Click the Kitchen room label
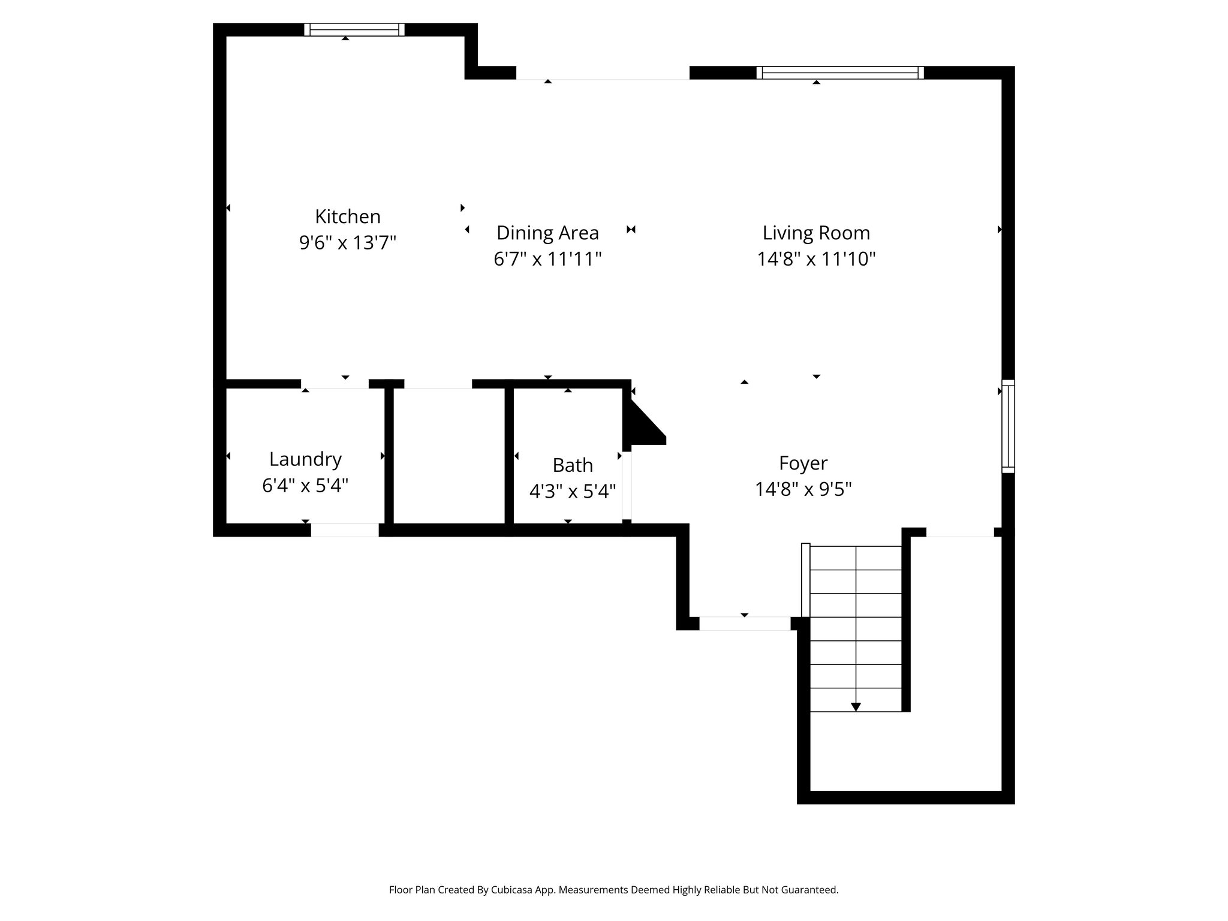[348, 216]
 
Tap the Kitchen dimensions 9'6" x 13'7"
[348, 243]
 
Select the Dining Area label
[547, 233]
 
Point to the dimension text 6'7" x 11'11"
[547, 259]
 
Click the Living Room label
[816, 233]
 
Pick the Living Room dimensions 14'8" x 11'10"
[816, 259]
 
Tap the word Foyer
[803, 463]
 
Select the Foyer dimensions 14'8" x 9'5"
[803, 489]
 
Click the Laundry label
[305, 459]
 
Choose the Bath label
[573, 465]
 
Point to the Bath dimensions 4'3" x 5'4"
[573, 492]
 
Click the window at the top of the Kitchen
[354, 29]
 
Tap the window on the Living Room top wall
[839, 73]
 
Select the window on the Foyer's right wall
[1009, 426]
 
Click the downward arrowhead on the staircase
[856, 707]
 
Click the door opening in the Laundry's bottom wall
[345, 530]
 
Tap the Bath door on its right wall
[627, 486]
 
